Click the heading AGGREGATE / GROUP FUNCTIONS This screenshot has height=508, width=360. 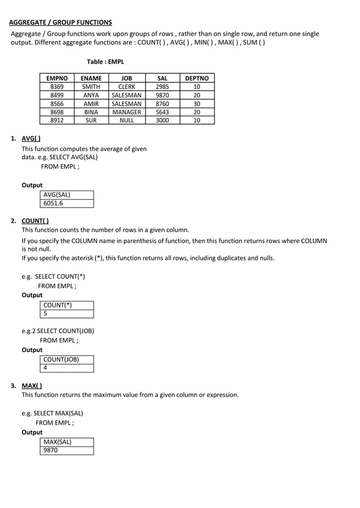pos(60,23)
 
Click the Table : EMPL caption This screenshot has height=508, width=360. pos(105,62)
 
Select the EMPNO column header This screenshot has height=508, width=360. pos(57,78)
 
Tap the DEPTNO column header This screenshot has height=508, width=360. pos(196,78)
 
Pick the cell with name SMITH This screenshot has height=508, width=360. pos(91,87)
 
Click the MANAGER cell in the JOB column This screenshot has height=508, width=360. pos(126,112)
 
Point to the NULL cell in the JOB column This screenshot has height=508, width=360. pos(126,120)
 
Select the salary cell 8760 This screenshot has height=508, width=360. pos(162,104)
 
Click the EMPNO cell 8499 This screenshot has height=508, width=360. pos(57,95)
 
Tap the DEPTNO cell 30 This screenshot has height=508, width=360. pos(196,104)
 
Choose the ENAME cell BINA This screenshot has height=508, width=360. pos(91,112)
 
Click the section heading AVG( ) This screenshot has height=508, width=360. pos(30,138)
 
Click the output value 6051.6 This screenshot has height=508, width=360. pos(53,204)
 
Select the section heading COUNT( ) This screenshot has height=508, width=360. pos(34,220)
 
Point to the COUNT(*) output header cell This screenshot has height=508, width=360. pos(58,305)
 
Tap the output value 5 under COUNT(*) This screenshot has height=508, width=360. pos(46,313)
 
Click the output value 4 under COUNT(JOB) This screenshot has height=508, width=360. pos(46,368)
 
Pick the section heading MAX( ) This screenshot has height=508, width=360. pos(32,386)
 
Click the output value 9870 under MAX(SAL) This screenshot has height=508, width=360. pos(51,450)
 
